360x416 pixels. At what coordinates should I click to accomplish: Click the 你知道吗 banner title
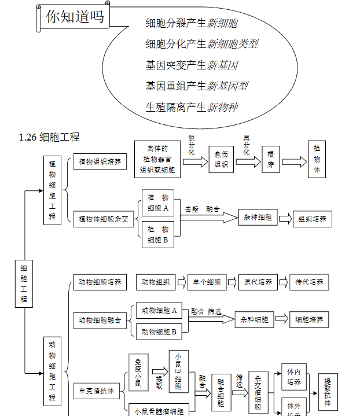[75, 17]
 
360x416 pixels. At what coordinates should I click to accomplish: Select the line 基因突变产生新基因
[192, 65]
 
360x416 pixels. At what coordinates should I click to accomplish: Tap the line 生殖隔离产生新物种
[192, 107]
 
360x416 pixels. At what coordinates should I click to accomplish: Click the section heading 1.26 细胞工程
[49, 137]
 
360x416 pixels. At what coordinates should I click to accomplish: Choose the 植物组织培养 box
[100, 162]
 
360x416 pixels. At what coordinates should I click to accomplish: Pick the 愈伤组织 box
[221, 160]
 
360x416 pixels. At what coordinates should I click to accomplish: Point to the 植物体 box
[317, 160]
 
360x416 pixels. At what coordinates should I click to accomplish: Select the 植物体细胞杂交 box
[104, 219]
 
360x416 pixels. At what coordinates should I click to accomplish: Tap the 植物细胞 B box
[158, 234]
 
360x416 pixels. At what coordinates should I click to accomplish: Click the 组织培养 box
[313, 219]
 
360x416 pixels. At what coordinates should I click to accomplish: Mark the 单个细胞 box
[207, 282]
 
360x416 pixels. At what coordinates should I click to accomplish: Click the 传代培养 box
[309, 282]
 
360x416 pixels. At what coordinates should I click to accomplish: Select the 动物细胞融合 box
[100, 319]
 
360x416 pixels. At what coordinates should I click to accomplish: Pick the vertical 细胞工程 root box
[24, 284]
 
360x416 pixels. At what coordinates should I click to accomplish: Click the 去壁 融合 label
[202, 209]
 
